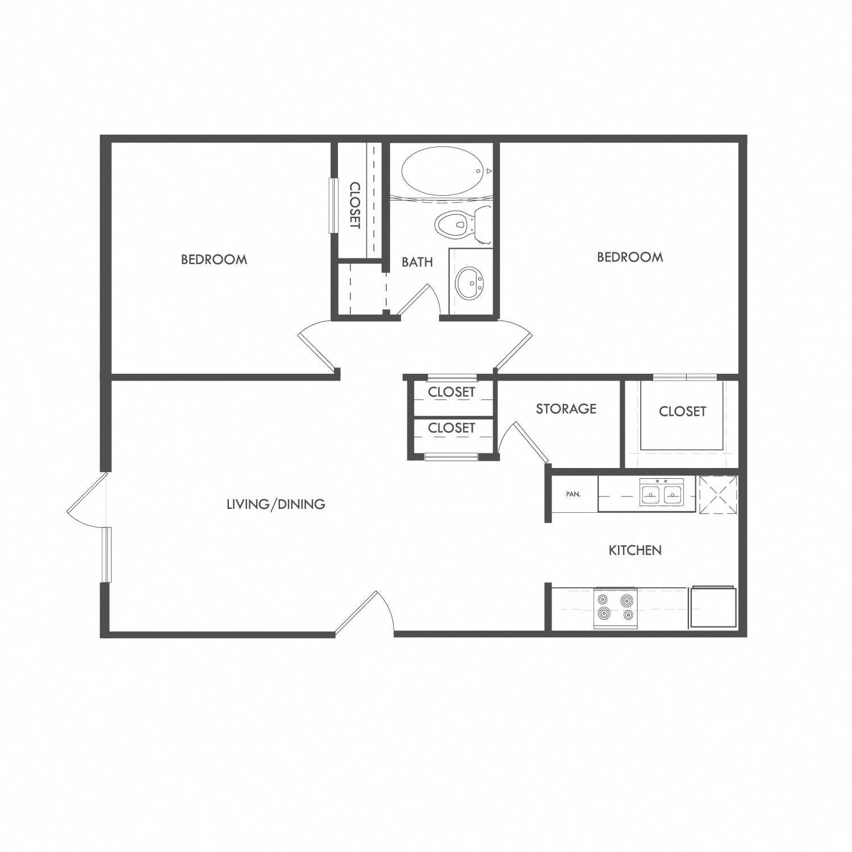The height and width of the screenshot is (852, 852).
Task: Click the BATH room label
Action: (417, 262)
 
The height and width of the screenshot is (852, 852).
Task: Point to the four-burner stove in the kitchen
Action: (615, 608)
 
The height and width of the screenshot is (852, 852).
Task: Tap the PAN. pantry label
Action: (573, 494)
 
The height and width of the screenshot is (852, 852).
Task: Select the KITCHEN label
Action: (635, 550)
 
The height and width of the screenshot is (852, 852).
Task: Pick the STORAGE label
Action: (566, 408)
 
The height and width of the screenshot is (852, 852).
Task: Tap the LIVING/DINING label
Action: (275, 504)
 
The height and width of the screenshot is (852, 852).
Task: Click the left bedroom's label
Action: (214, 260)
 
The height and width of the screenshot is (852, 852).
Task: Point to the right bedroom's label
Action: (630, 257)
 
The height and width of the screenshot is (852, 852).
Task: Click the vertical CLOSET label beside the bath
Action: (355, 205)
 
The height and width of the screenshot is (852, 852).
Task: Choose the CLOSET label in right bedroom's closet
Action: (682, 411)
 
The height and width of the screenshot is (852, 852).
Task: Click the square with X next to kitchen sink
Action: (717, 495)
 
